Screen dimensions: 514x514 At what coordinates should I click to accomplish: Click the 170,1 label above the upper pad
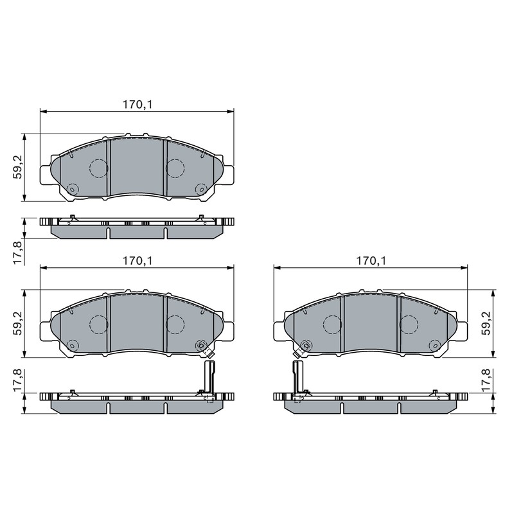coord(137,105)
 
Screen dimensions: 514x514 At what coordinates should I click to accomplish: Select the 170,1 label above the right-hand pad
coord(371,261)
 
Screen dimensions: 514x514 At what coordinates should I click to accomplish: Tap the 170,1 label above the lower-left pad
coord(137,261)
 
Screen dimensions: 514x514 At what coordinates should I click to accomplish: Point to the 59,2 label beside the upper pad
coord(17,167)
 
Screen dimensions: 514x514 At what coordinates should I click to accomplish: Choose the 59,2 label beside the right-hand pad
coord(486,323)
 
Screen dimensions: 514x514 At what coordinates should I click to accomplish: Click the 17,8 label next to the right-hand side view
coord(486,379)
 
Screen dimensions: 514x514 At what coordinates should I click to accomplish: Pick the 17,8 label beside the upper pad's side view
coord(17,253)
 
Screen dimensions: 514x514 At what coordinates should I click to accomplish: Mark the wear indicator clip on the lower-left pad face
coord(206,351)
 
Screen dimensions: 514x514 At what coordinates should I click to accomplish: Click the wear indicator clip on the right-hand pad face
coord(300,351)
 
